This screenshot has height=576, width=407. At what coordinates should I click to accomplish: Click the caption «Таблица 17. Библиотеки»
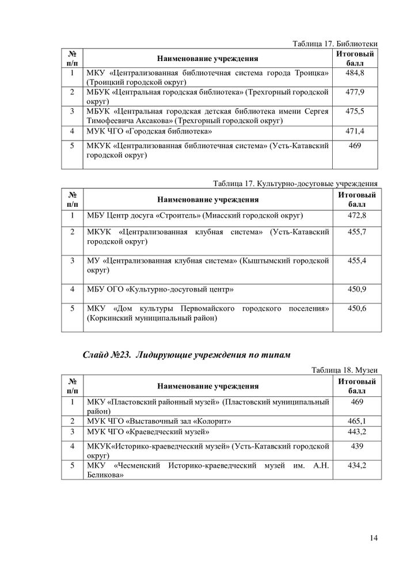[x=335, y=44]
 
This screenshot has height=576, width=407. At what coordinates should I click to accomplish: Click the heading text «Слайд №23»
[x=109, y=353]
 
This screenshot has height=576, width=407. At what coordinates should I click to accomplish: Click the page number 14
[x=374, y=538]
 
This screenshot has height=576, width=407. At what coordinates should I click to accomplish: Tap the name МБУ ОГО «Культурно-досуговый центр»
[x=160, y=289]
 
